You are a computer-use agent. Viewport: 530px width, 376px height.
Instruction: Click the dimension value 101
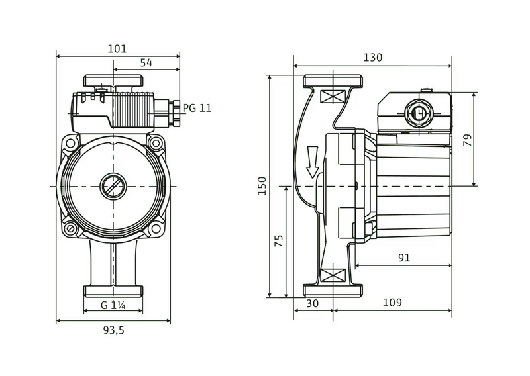117,49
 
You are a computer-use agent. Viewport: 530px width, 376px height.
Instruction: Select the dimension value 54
146,62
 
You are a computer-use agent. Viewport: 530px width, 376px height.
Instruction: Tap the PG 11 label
197,107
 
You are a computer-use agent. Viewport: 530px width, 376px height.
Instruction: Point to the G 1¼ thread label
113,305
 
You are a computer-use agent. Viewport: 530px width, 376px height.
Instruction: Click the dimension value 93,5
113,331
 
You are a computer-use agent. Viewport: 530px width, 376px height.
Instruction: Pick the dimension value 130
372,58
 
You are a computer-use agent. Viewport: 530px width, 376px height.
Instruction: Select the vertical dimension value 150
262,187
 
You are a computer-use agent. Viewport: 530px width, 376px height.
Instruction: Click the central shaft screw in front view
113,186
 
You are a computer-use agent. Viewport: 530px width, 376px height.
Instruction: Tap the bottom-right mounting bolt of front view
156,229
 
